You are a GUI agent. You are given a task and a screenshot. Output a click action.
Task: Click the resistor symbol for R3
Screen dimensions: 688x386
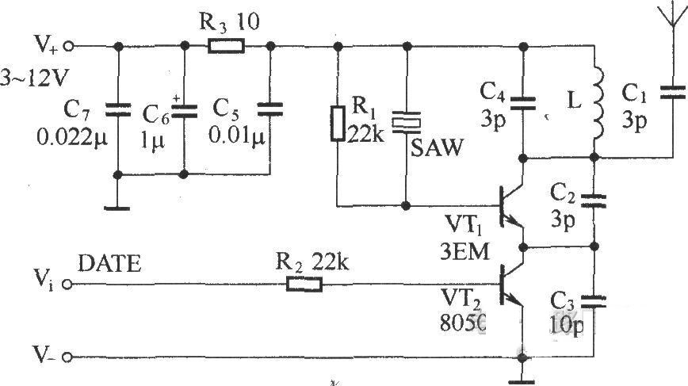click(226, 46)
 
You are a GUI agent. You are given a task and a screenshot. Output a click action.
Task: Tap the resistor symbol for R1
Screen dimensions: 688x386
click(338, 124)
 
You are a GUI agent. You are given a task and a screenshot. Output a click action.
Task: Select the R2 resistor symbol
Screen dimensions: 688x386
click(304, 285)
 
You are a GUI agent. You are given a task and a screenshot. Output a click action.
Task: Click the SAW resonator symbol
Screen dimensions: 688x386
click(407, 122)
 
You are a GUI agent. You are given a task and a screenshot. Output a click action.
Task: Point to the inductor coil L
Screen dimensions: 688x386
click(598, 104)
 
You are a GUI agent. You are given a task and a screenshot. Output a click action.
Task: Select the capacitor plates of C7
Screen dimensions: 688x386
click(117, 109)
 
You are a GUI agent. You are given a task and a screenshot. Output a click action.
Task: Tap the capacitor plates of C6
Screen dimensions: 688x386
click(184, 110)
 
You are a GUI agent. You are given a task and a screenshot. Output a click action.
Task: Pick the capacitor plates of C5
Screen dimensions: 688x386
click(270, 109)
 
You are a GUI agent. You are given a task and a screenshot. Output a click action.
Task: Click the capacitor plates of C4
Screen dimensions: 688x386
click(522, 103)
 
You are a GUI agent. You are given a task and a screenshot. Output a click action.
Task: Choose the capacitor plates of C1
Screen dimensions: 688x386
click(672, 93)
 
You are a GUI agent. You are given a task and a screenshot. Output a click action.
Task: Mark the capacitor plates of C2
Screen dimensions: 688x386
click(594, 201)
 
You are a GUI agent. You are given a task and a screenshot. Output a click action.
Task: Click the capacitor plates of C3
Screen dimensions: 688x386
click(594, 301)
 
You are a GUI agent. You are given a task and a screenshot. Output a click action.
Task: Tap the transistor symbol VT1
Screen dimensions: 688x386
click(511, 206)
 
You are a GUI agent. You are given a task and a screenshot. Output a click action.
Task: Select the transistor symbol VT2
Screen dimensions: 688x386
click(511, 285)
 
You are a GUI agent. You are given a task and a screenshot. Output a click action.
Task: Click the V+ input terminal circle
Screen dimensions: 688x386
click(68, 46)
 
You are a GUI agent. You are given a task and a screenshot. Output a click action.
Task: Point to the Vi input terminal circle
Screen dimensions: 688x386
click(67, 285)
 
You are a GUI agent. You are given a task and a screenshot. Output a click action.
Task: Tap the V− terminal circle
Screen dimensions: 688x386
click(67, 357)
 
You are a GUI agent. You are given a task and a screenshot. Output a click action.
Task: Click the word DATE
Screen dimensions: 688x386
click(109, 264)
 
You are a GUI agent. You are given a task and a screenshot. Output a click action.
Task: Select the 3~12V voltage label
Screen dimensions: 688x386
click(34, 78)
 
